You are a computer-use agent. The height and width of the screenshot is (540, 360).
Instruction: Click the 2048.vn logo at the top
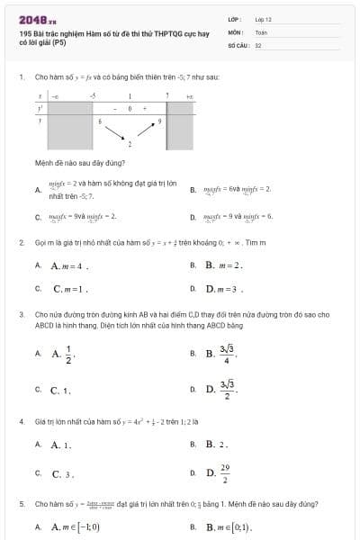pyautogui.click(x=38, y=19)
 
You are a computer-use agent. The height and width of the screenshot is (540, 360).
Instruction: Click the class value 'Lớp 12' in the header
pyautogui.click(x=263, y=19)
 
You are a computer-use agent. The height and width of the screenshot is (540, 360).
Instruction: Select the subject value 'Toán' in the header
pyautogui.click(x=261, y=31)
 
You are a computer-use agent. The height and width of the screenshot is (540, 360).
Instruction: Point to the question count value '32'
pyautogui.click(x=258, y=44)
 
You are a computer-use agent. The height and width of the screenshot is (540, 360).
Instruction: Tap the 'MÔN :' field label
pyautogui.click(x=234, y=31)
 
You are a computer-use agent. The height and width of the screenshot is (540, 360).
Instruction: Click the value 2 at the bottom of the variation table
pyautogui.click(x=130, y=143)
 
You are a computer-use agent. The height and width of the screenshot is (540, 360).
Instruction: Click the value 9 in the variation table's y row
pyautogui.click(x=160, y=120)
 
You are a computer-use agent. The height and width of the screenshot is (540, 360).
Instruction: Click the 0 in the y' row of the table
pyautogui.click(x=130, y=107)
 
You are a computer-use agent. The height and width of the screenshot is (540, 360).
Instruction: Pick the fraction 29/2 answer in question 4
pyautogui.click(x=223, y=473)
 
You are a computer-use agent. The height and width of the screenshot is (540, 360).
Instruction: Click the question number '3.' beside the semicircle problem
pyautogui.click(x=21, y=314)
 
